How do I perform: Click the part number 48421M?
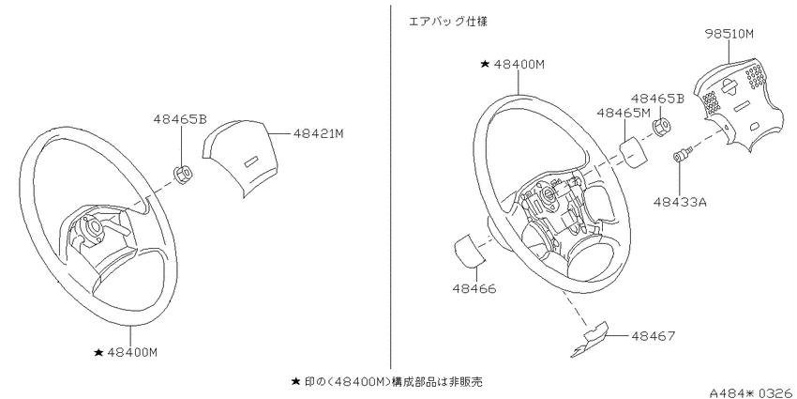click(319, 134)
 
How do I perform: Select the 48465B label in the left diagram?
click(180, 119)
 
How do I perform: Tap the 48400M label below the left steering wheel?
click(132, 352)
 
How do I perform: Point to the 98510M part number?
click(729, 34)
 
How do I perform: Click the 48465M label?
click(622, 113)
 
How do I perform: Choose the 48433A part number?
click(680, 202)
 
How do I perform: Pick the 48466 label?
click(474, 289)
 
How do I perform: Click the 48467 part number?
click(654, 336)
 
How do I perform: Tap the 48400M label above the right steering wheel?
click(519, 65)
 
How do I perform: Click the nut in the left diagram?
click(183, 175)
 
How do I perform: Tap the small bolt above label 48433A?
click(682, 154)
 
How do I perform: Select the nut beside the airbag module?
click(660, 128)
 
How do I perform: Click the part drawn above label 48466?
click(470, 250)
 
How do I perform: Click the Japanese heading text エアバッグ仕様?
click(448, 23)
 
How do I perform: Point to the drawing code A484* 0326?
click(752, 392)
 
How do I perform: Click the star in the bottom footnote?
click(295, 380)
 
